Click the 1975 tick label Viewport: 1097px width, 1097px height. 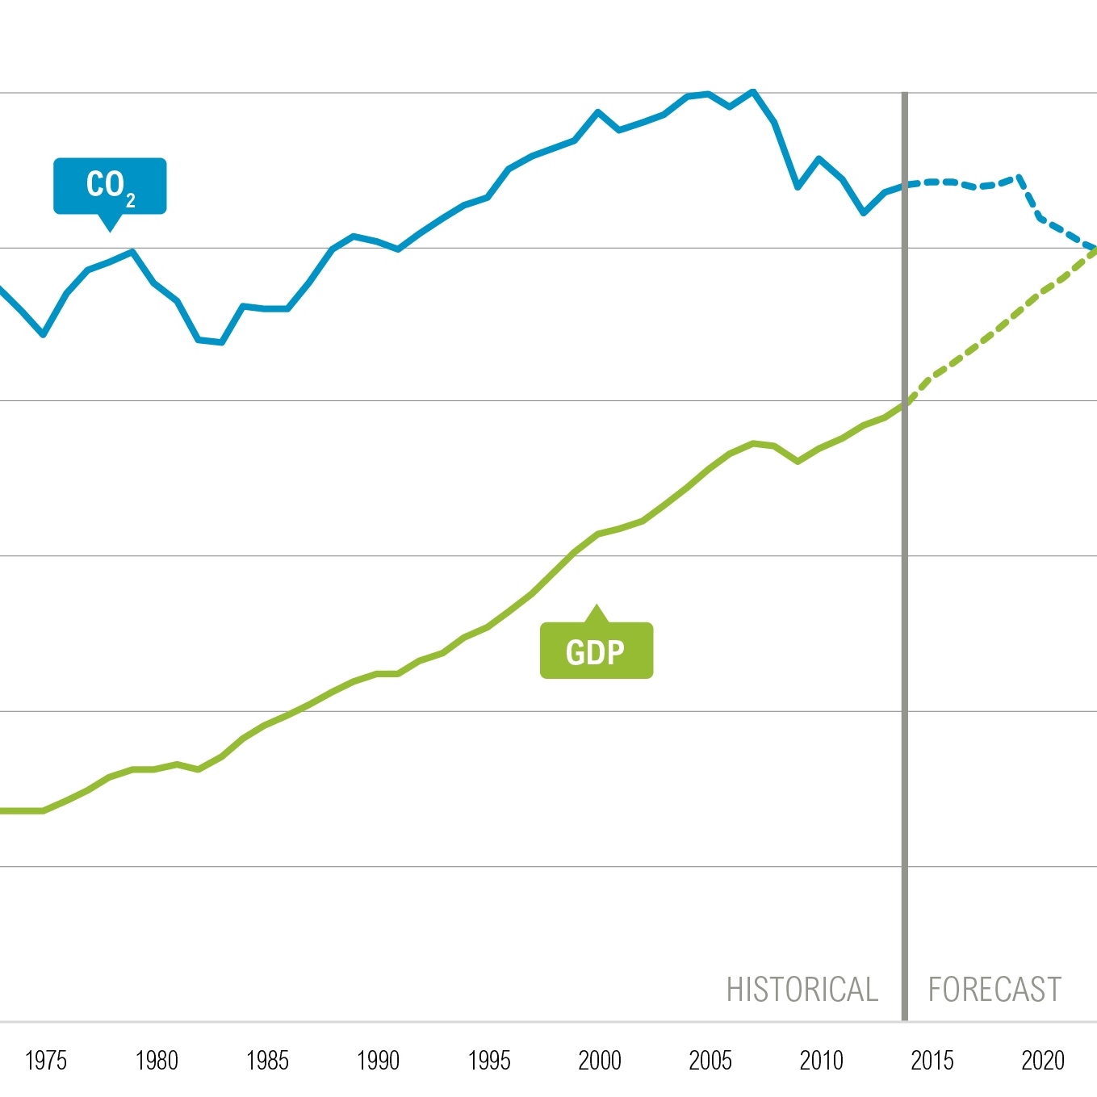[46, 1060]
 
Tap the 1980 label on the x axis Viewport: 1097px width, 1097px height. [157, 1060]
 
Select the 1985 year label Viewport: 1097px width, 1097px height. [267, 1060]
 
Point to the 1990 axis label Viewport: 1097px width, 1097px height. [378, 1060]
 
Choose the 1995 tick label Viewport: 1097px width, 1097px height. [489, 1060]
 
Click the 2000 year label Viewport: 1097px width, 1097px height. [600, 1060]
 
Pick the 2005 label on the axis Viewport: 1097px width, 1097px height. [710, 1060]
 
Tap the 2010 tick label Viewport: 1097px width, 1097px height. [821, 1060]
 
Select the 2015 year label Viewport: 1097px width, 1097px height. [932, 1060]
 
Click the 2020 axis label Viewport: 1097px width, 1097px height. [1043, 1060]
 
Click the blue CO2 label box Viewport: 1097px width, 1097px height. [110, 186]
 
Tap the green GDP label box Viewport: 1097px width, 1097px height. [596, 651]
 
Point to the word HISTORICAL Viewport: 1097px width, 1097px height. [802, 990]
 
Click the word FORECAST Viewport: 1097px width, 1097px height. [994, 990]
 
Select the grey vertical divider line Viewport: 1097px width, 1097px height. [905, 646]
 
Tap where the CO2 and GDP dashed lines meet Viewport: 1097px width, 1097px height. [1094, 249]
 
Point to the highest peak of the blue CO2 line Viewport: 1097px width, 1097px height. [753, 91]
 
